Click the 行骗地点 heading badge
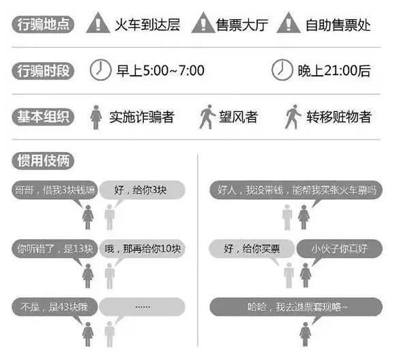(x=43, y=25)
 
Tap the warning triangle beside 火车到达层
(x=98, y=23)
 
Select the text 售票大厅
(x=242, y=25)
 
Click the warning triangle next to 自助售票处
(x=289, y=23)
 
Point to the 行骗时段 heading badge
(x=43, y=71)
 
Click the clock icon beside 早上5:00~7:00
(x=100, y=70)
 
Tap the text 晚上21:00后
(x=334, y=71)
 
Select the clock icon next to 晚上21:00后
(x=282, y=70)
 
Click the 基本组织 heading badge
(x=43, y=117)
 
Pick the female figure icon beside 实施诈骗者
(x=95, y=117)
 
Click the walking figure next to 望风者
(x=207, y=117)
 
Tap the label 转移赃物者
(x=339, y=117)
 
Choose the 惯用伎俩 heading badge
(x=43, y=161)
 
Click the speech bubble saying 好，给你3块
(x=142, y=190)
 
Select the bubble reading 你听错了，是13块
(x=55, y=249)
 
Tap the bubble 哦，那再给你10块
(x=142, y=249)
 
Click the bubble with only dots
(x=142, y=307)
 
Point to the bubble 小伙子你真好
(x=340, y=249)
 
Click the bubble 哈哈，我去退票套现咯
(x=296, y=307)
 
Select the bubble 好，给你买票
(x=252, y=249)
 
